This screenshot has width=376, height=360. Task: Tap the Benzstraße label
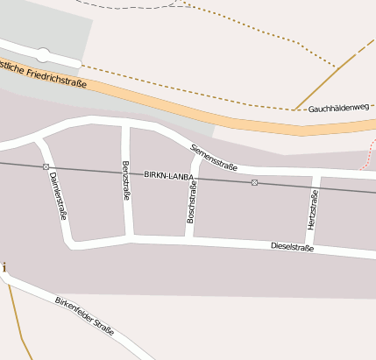[126, 180]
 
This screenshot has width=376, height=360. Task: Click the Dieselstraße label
[292, 248]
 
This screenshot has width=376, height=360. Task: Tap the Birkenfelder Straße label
[84, 317]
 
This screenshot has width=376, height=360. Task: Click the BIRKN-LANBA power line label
[168, 175]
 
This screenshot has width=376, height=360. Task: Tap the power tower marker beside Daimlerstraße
[45, 166]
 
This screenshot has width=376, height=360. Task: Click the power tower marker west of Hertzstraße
[254, 182]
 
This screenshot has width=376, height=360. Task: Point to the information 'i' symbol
[4, 266]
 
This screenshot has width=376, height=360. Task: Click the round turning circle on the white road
[43, 54]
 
